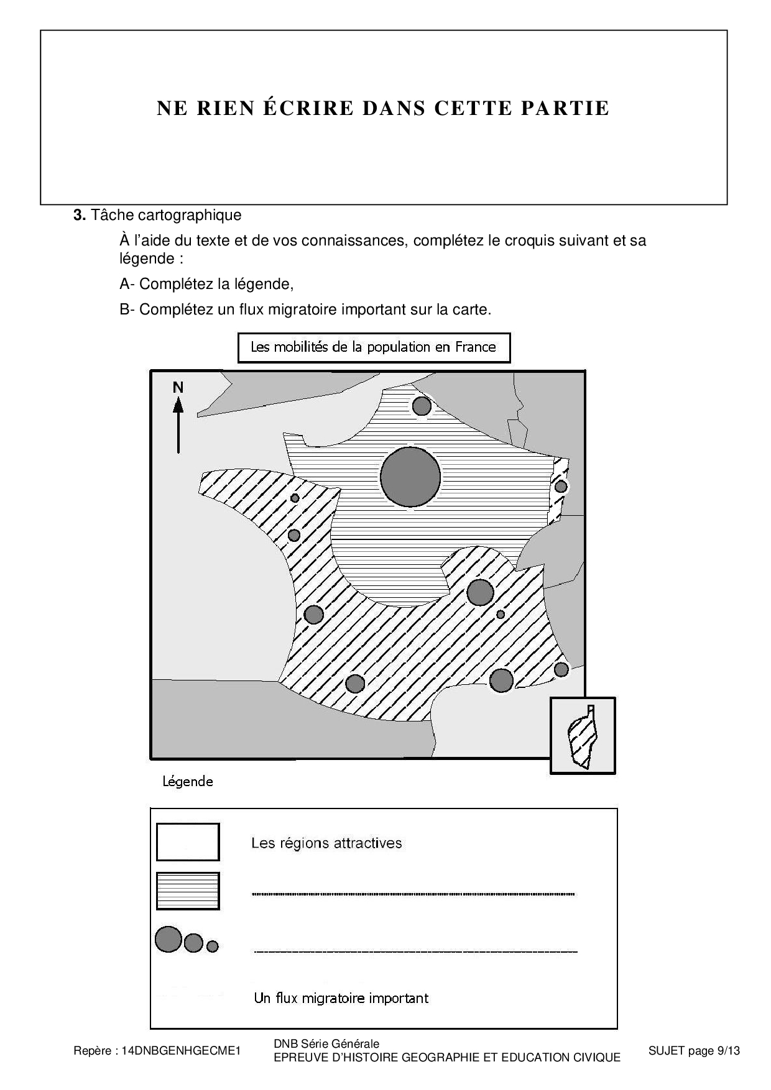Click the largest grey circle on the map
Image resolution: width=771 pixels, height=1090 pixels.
(410, 477)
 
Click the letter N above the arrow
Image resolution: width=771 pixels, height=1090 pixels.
(178, 388)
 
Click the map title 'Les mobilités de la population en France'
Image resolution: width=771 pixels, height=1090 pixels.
(374, 347)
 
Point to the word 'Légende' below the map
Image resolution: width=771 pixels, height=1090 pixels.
(188, 782)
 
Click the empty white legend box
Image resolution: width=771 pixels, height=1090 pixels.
(188, 842)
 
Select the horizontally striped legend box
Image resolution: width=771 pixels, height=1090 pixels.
(188, 891)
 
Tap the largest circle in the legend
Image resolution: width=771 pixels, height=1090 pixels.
(168, 939)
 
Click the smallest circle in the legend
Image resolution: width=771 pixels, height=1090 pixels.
(213, 946)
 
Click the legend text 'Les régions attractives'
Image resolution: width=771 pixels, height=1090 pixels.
(326, 843)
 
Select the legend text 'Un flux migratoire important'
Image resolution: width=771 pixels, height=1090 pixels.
(341, 998)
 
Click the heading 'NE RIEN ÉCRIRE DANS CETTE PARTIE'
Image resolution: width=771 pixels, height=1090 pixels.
(383, 109)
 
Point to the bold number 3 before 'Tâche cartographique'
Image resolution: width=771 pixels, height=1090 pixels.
(78, 216)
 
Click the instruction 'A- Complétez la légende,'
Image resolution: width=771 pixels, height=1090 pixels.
(206, 284)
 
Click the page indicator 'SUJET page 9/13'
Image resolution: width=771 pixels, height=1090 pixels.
(694, 1051)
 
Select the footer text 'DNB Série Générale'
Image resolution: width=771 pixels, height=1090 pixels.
(326, 1044)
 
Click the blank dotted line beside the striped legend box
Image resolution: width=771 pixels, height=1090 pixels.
(413, 894)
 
